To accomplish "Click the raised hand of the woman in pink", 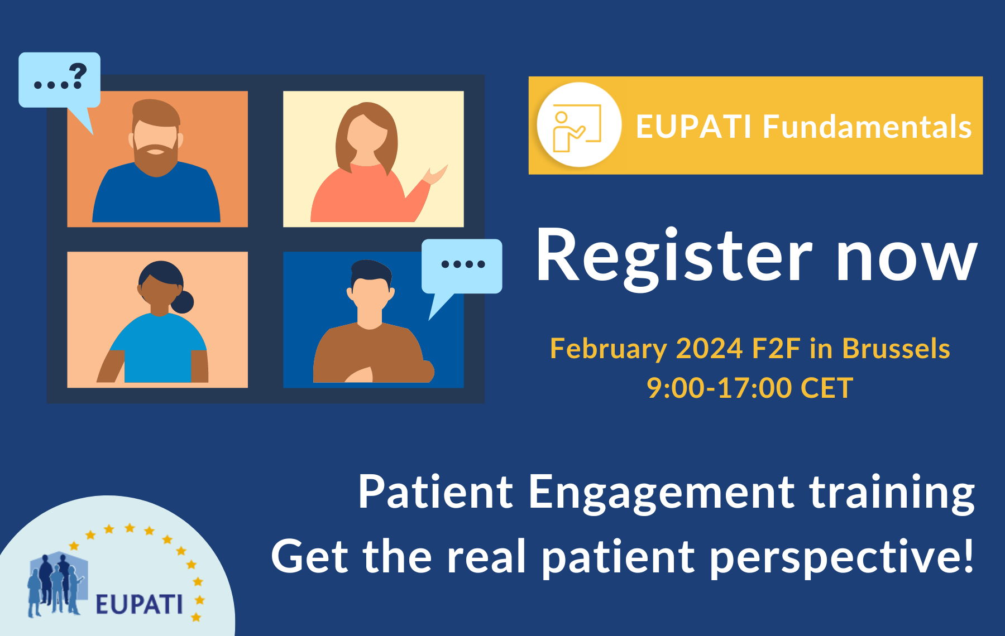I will pos(436,175).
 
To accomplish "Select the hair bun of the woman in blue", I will pos(183,302).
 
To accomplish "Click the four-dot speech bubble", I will pos(462,266).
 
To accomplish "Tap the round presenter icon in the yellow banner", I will pos(578,125).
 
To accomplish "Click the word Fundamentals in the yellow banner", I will pos(867,127).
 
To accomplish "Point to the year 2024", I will pos(709,349).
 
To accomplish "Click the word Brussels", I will pos(896,349).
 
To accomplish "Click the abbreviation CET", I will pos(826,388).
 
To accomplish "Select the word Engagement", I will pos(661,493).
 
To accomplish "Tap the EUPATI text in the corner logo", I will pos(138,604).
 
